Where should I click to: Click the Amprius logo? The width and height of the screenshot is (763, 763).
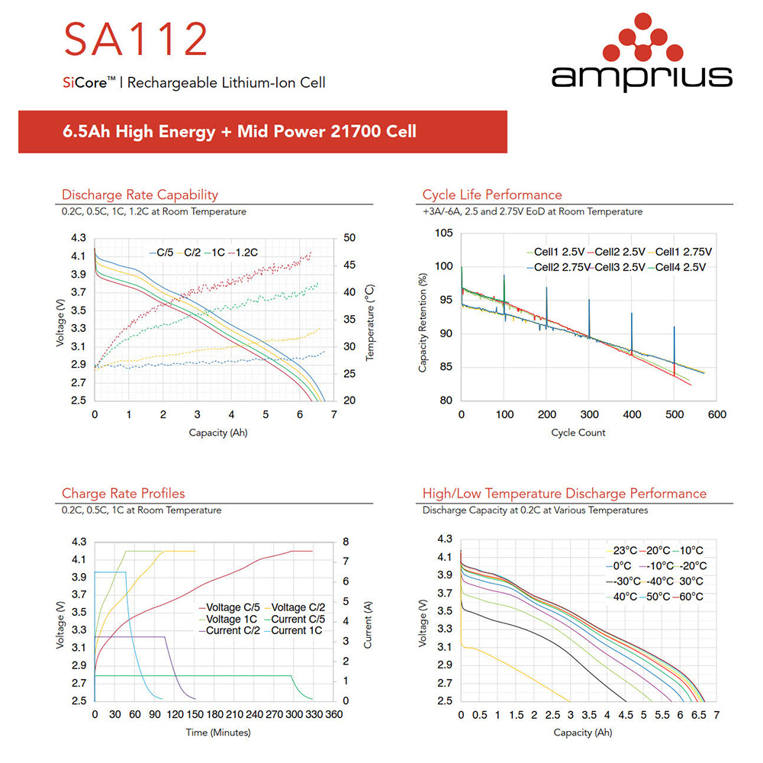coord(641,56)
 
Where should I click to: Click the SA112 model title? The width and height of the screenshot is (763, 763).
coord(136,40)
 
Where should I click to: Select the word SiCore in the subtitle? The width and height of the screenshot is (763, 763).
coord(79,82)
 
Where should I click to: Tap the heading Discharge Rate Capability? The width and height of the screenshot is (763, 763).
coord(140,195)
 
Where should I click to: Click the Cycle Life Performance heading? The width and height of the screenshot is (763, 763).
coord(492,195)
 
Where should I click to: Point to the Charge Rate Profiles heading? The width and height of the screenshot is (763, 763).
coord(123,494)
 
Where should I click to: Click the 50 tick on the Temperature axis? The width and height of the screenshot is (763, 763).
coord(349,238)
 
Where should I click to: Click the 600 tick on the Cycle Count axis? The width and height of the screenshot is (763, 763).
coord(716,415)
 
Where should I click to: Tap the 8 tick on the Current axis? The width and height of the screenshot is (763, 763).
coord(346,542)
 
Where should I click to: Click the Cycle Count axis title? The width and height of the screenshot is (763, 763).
coord(578,433)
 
